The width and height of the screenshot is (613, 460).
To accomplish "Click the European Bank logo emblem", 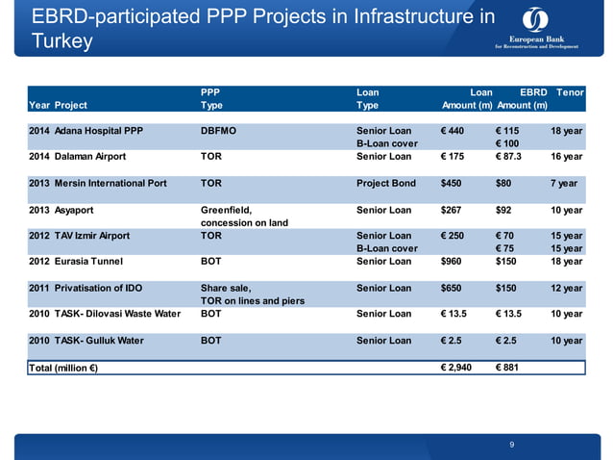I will click(x=536, y=20).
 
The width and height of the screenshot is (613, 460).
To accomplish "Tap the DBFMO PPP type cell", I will click(x=220, y=130).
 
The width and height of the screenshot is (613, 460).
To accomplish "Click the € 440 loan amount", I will click(x=452, y=130).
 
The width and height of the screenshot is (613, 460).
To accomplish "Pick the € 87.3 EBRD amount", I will click(x=514, y=156).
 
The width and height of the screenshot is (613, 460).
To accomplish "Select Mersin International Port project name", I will click(x=110, y=183).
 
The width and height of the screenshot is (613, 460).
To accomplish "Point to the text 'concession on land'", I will click(x=244, y=223).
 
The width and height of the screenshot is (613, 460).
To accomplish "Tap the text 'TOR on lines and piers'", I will click(x=253, y=301).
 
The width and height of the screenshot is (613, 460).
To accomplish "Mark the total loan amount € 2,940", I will click(x=456, y=368).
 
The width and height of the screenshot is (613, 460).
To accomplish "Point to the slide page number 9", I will click(x=512, y=444).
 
